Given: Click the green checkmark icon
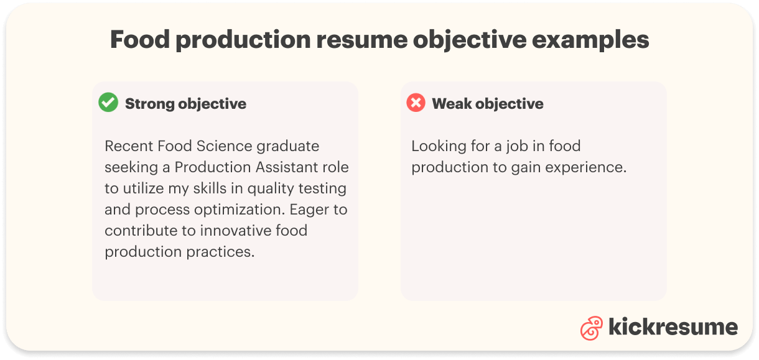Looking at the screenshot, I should (108, 103).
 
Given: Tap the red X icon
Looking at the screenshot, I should (416, 103).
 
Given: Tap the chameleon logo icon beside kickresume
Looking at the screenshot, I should (591, 328).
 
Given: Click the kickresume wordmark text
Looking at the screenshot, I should (673, 326).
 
